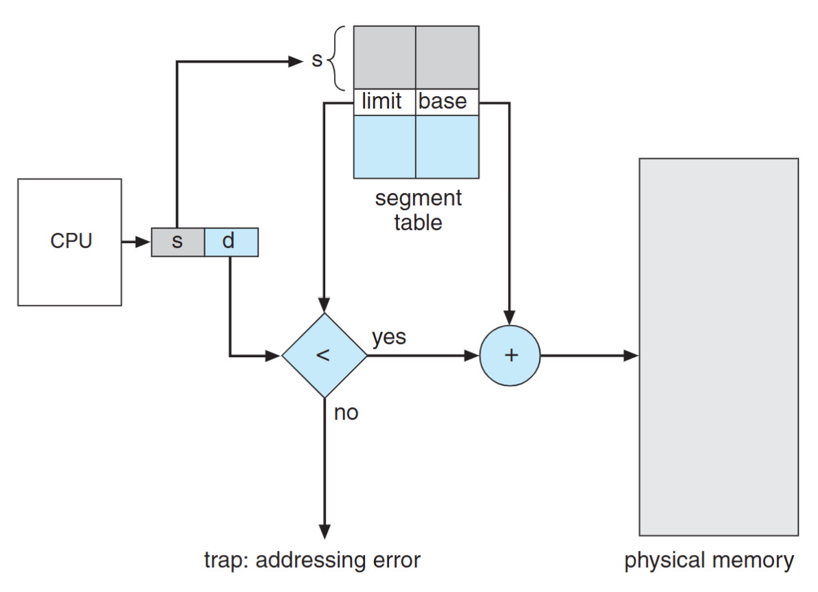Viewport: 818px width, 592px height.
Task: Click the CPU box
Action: (x=69, y=242)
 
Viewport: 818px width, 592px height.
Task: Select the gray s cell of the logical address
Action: (x=178, y=242)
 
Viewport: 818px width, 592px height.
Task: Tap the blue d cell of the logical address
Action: (x=231, y=242)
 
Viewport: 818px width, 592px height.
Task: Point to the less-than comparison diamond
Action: (x=324, y=356)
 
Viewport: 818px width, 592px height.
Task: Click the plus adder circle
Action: (x=509, y=356)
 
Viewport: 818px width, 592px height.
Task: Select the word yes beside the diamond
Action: (x=389, y=337)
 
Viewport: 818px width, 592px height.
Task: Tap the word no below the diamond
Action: (x=346, y=413)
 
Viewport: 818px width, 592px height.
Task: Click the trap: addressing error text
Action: (x=312, y=560)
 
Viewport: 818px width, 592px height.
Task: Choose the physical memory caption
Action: (x=709, y=560)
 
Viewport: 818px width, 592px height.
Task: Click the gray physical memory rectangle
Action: (x=718, y=347)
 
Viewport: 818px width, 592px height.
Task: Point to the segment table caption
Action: (x=418, y=210)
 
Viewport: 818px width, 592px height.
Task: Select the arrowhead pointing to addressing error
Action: (x=324, y=532)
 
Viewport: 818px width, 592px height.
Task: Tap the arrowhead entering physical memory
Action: (x=631, y=356)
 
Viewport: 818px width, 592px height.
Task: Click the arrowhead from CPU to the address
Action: (x=143, y=242)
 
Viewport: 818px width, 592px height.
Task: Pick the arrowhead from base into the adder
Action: (x=509, y=317)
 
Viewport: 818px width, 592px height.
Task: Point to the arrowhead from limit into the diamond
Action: (x=324, y=305)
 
